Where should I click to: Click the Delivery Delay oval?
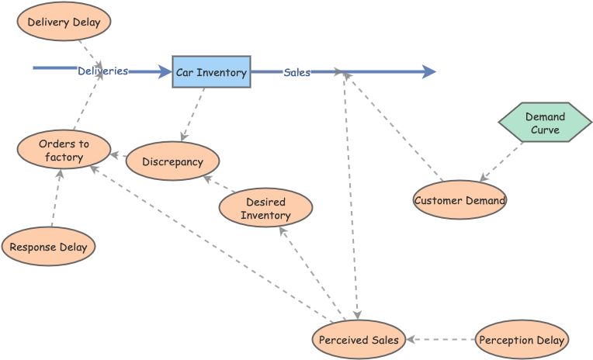tap(64, 22)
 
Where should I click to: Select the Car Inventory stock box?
tap(211, 72)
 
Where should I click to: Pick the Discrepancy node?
tap(173, 162)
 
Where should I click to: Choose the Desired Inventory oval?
tap(265, 209)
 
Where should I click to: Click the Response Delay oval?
tap(49, 247)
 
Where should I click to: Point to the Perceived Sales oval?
tap(359, 340)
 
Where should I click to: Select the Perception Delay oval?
tap(522, 340)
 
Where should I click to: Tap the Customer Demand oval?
tap(459, 200)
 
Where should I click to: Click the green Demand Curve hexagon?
tap(545, 123)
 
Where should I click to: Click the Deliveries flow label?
tap(102, 71)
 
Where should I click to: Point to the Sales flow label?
tap(296, 72)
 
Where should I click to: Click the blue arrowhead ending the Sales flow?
tap(428, 72)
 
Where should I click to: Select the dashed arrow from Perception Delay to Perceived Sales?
tap(441, 340)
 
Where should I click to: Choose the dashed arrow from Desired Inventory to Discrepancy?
tap(219, 184)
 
